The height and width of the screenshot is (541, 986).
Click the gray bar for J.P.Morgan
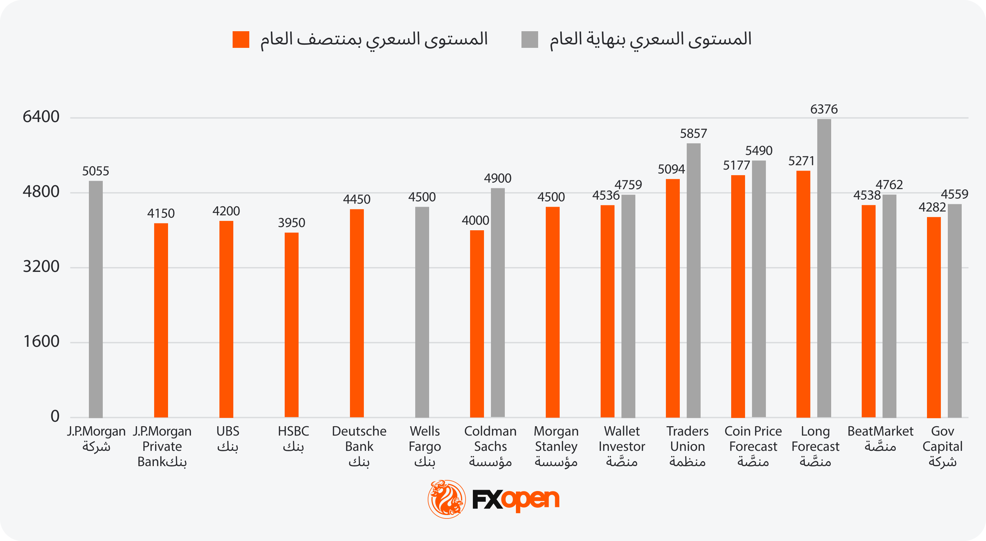(x=96, y=299)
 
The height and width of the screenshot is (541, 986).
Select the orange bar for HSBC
(x=291, y=325)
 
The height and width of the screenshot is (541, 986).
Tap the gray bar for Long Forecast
(x=824, y=268)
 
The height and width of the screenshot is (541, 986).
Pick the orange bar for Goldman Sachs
(x=477, y=324)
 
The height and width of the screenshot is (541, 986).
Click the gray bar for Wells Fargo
(x=422, y=312)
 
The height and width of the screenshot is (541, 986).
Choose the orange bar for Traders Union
(x=672, y=298)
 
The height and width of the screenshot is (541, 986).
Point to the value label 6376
(x=824, y=109)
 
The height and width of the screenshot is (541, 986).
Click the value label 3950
(x=291, y=223)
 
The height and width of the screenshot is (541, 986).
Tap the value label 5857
(x=693, y=134)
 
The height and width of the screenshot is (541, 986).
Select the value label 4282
(x=932, y=207)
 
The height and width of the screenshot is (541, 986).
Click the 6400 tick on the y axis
(x=41, y=117)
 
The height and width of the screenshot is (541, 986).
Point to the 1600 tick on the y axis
(x=41, y=342)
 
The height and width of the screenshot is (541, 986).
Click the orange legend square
(x=241, y=40)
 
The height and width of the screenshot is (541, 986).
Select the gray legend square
(x=529, y=40)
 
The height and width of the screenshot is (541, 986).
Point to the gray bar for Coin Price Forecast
(x=759, y=289)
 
